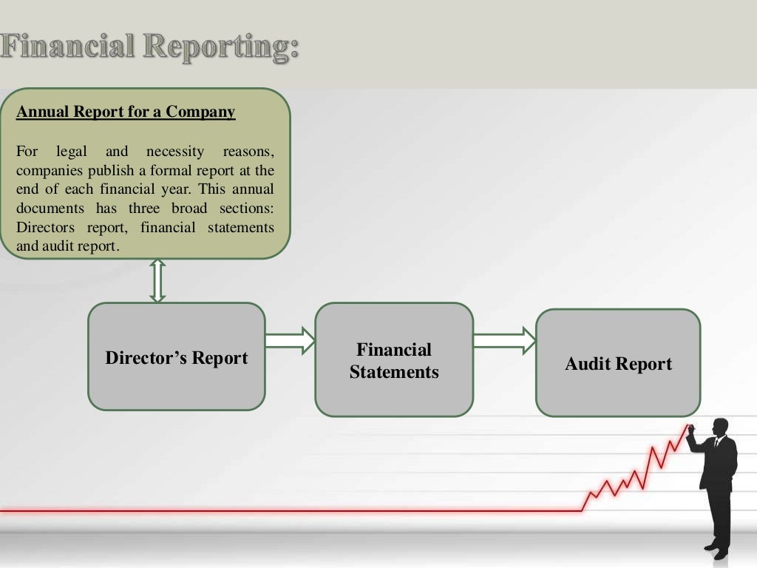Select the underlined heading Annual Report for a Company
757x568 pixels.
[126, 112]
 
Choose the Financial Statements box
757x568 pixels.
[394, 360]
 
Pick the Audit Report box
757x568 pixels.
[618, 363]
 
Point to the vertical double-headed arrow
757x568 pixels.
[157, 280]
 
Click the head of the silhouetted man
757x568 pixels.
[719, 427]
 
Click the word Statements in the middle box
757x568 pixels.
[394, 372]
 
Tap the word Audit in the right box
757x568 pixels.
[588, 364]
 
